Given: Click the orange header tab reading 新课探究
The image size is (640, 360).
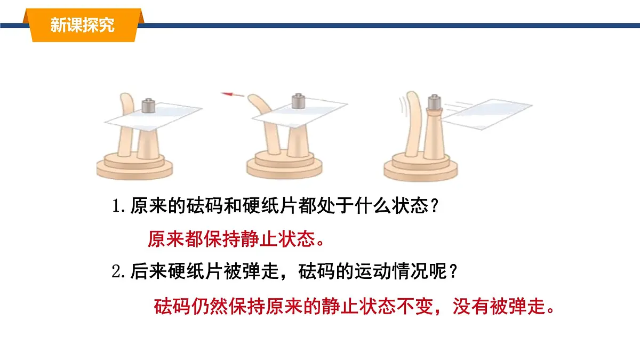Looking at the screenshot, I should coord(83,25).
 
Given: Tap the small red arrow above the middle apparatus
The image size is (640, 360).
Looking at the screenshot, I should coord(232,94).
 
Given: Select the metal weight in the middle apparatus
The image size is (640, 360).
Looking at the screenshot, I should coord(298,101).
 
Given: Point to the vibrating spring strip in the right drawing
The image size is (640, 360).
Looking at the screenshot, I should coord(414,123).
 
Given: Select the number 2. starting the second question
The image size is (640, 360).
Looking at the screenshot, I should coord(118,271).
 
